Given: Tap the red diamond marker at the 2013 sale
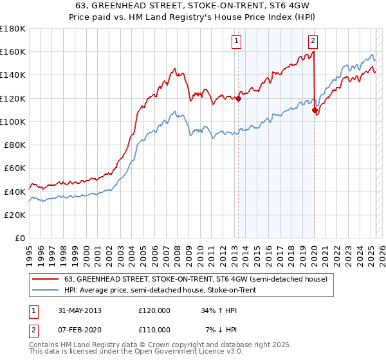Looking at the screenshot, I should tap(238, 99).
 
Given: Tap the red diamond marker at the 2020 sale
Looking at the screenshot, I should tap(315, 111).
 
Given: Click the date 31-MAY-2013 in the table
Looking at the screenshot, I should tap(78, 310).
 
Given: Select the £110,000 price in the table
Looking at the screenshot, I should tap(154, 330).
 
